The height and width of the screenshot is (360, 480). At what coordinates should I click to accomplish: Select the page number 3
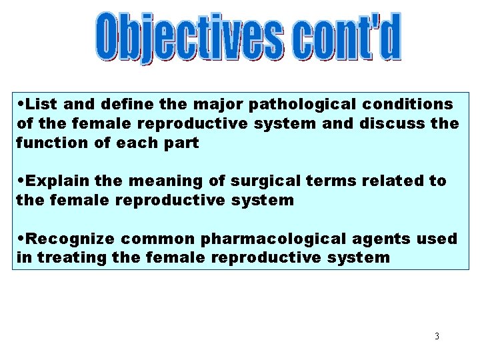[x=437, y=336]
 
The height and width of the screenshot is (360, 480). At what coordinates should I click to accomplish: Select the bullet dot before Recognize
[x=22, y=239]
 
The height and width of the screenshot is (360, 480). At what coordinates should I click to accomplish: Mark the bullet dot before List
[x=22, y=105]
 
